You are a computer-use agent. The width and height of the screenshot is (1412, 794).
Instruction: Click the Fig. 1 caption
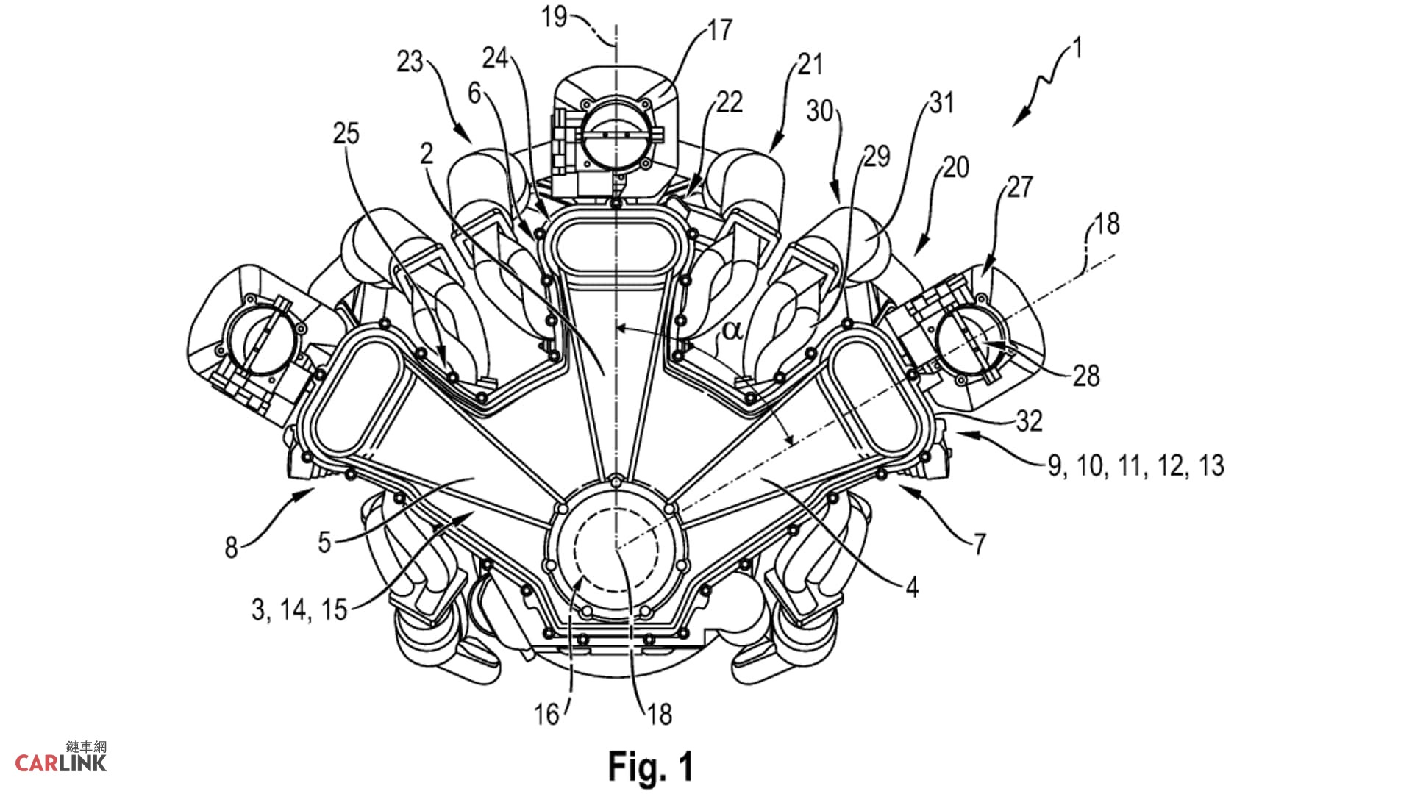coord(651,767)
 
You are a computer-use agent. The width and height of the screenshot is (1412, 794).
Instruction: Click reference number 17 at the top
coord(720,30)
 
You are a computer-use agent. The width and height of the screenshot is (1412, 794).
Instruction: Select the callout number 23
coord(410,62)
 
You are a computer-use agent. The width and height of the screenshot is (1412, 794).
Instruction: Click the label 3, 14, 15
coord(299,609)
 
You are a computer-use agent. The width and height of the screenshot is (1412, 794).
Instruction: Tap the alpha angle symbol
coord(731,330)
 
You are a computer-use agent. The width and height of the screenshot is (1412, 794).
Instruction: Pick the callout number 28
coord(1086,376)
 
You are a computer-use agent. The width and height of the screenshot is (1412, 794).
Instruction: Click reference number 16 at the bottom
coord(547,715)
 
